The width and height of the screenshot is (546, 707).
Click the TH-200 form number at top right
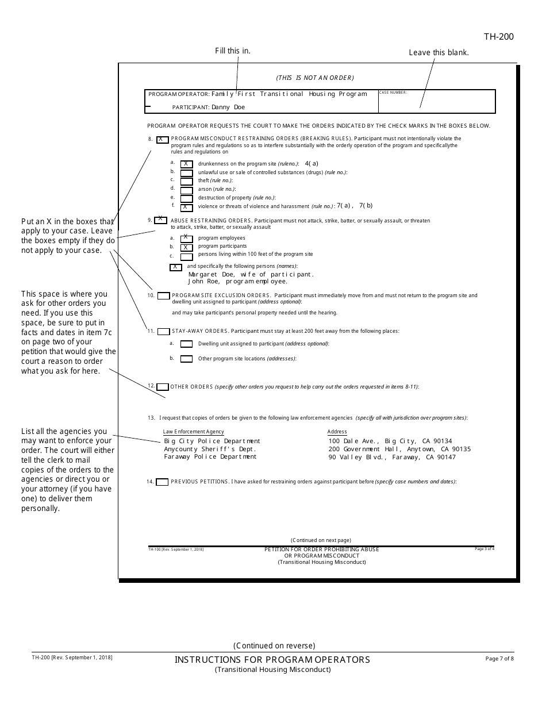498,37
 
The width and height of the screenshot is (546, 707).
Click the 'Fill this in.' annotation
233,51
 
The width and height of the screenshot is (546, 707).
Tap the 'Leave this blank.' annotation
439,52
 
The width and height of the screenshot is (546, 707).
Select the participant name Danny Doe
228,107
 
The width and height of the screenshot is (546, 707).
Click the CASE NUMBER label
393,93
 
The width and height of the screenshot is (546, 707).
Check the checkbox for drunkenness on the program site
186,164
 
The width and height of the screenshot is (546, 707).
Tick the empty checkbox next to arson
186,190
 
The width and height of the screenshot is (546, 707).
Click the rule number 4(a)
311,163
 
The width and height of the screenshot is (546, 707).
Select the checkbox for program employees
186,238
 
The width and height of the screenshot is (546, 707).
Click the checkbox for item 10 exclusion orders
163,296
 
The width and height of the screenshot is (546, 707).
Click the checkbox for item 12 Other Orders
163,387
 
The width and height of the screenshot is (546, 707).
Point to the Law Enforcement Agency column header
193,432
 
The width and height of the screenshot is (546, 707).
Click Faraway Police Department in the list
210,457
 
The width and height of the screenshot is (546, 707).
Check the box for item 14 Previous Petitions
163,482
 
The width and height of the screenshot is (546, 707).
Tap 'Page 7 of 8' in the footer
499,659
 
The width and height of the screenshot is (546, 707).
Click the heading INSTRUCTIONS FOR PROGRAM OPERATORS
272,660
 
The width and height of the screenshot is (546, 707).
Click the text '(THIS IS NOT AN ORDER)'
315,78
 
